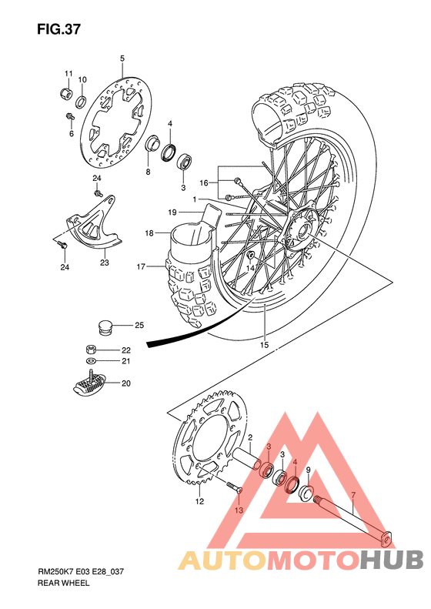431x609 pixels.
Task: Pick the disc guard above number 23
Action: coord(91,228)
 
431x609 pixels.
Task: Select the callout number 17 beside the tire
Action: coord(142,267)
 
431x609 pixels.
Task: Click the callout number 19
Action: coord(173,212)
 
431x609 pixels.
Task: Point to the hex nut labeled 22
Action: coord(92,349)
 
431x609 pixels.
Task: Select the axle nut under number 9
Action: coord(306,492)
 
